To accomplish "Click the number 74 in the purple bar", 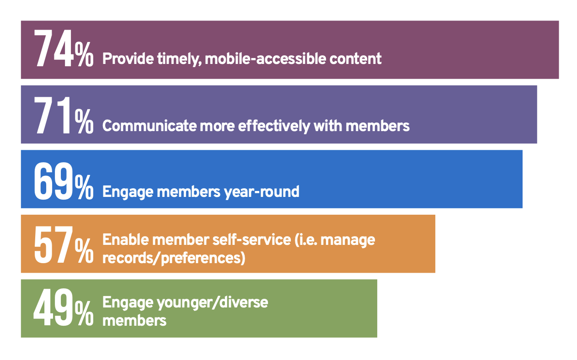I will pos(53,50).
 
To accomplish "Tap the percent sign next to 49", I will pos(84,316).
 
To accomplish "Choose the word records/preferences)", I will pos(174,258).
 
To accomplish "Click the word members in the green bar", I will pos(134,320).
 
